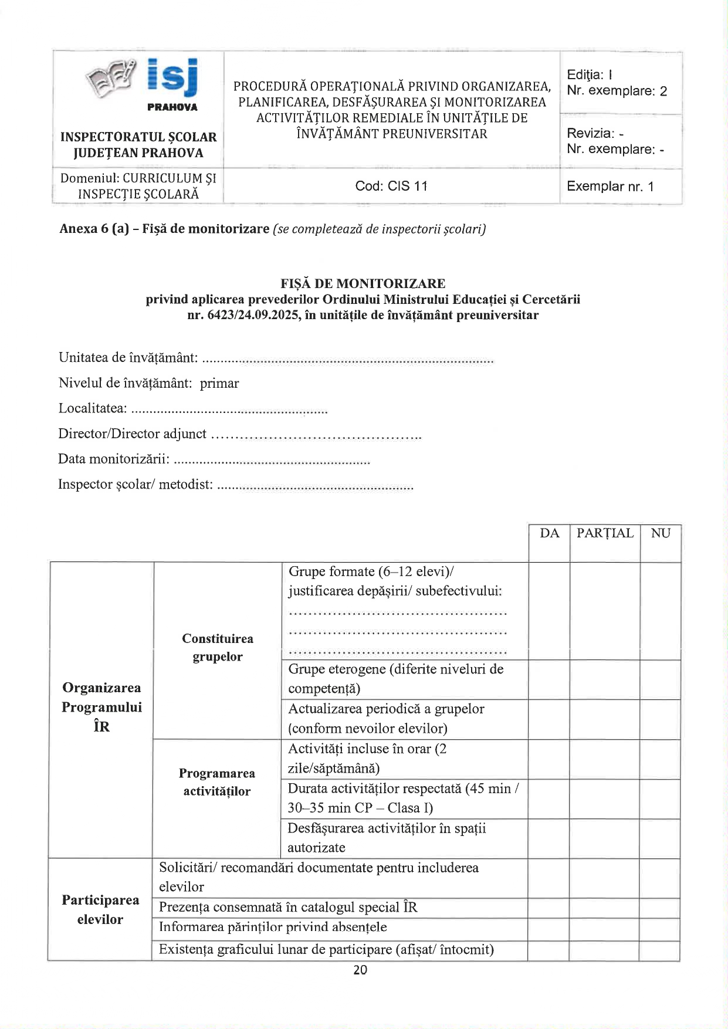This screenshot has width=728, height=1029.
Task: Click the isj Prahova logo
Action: click(x=143, y=83)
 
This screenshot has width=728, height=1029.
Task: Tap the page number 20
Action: click(x=360, y=970)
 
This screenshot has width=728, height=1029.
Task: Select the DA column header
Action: click(x=549, y=533)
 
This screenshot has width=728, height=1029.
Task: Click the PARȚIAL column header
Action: click(x=605, y=533)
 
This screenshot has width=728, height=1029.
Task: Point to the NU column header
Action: click(x=661, y=533)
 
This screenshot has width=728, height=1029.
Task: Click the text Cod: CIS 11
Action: click(x=391, y=187)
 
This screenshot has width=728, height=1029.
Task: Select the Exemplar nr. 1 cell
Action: click(x=610, y=187)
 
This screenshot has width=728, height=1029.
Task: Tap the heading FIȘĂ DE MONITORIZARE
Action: click(x=363, y=283)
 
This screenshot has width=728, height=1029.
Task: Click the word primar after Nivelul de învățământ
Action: click(x=219, y=384)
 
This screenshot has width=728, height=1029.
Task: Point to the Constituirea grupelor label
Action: click(x=218, y=648)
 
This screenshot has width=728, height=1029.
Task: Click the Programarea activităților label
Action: click(x=217, y=782)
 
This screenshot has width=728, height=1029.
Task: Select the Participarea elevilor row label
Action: click(x=100, y=909)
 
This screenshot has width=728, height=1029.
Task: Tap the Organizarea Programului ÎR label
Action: click(x=101, y=707)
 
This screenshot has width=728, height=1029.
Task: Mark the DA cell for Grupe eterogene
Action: click(x=549, y=679)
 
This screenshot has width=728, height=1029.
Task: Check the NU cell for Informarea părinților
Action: click(x=659, y=928)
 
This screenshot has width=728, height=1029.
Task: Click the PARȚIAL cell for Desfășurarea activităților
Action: click(x=605, y=838)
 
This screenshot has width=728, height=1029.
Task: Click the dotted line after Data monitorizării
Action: click(x=272, y=461)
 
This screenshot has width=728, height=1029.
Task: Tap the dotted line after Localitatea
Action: click(x=228, y=410)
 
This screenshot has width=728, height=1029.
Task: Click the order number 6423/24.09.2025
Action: click(x=253, y=316)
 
